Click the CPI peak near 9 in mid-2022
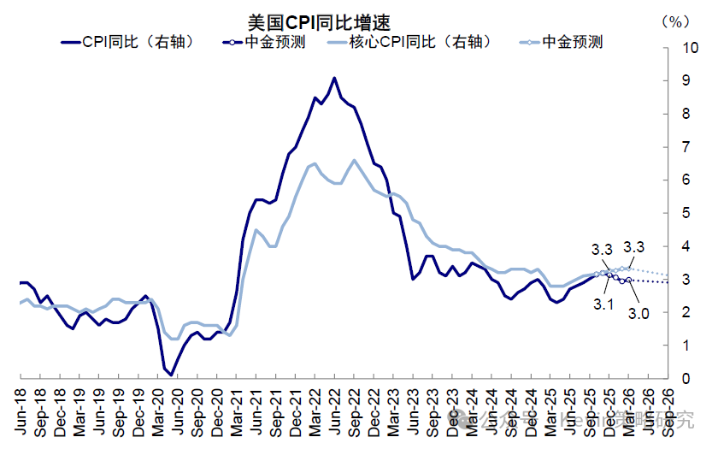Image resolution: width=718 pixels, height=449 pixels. point(334,78)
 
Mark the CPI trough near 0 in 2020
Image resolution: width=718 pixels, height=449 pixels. point(171,375)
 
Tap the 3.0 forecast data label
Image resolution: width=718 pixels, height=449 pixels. point(639,314)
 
